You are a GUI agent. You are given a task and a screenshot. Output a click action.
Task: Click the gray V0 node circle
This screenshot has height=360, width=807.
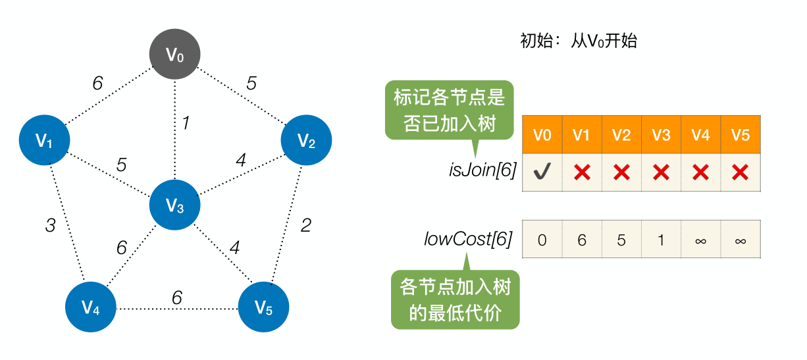pos(174,55)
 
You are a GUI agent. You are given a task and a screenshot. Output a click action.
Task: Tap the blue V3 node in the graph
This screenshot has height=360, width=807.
pos(174,207)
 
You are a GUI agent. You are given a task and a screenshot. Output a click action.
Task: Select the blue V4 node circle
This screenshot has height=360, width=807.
pos(91,307)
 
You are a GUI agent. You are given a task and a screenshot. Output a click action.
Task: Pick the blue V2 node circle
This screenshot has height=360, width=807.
pos(306,140)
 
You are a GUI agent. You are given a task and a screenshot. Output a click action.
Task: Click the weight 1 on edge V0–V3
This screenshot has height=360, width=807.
pos(186,123)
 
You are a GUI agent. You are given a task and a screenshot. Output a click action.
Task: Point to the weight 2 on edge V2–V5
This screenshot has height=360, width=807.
pos(305,226)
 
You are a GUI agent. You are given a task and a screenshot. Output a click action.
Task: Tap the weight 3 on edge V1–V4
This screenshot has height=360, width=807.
pos(50,226)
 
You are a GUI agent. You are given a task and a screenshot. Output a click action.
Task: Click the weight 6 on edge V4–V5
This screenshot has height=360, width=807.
pos(176,297)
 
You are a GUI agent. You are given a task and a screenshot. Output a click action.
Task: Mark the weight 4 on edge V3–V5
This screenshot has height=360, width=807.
pos(234,249)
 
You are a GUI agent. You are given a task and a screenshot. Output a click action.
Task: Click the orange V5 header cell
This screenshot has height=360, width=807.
pos(741,135)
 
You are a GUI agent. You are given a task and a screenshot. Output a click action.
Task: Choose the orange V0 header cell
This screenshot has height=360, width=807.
pos(542,135)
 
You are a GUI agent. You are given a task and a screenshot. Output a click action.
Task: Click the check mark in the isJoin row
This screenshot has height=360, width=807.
pos(542,172)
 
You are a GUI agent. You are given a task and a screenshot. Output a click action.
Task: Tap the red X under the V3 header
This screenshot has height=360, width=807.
pos(661,172)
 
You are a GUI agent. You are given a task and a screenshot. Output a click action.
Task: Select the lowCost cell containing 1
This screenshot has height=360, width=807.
pos(661,240)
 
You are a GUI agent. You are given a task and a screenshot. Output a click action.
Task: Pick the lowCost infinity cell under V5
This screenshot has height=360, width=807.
pos(741,240)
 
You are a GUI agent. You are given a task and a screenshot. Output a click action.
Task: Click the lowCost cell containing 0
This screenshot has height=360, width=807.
pos(542,240)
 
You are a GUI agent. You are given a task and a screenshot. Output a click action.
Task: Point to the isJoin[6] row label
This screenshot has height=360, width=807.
pos(482,171)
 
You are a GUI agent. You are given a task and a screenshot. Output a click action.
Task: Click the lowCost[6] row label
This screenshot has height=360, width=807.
pos(468,239)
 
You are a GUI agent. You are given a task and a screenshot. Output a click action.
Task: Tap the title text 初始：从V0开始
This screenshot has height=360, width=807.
pos(579,41)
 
